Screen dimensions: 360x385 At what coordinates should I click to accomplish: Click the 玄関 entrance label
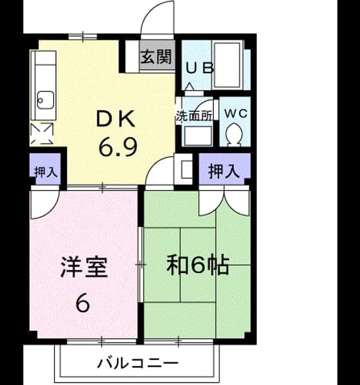point(156,57)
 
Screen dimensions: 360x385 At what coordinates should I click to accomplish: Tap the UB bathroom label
point(200,68)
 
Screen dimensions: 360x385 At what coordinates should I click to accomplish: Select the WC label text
point(236,113)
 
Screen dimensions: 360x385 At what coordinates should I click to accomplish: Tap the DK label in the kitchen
point(116,119)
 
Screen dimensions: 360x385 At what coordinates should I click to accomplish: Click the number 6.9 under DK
point(118,147)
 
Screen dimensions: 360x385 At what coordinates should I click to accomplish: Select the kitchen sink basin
point(46,100)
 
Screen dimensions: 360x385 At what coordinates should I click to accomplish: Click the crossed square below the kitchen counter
point(42,134)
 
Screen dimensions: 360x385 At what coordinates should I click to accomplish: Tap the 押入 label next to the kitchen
point(46,171)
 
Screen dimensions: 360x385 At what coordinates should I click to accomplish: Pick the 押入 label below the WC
point(224,171)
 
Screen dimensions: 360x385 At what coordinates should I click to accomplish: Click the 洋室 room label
point(84,267)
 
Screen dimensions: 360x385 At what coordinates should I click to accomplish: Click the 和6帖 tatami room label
point(198,265)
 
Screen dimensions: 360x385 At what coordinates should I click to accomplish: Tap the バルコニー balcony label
point(138,363)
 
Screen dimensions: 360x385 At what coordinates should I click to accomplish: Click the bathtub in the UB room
point(228,64)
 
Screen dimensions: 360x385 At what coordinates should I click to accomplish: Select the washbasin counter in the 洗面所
point(198,136)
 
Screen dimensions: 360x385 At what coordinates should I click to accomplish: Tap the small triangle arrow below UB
point(190,87)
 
